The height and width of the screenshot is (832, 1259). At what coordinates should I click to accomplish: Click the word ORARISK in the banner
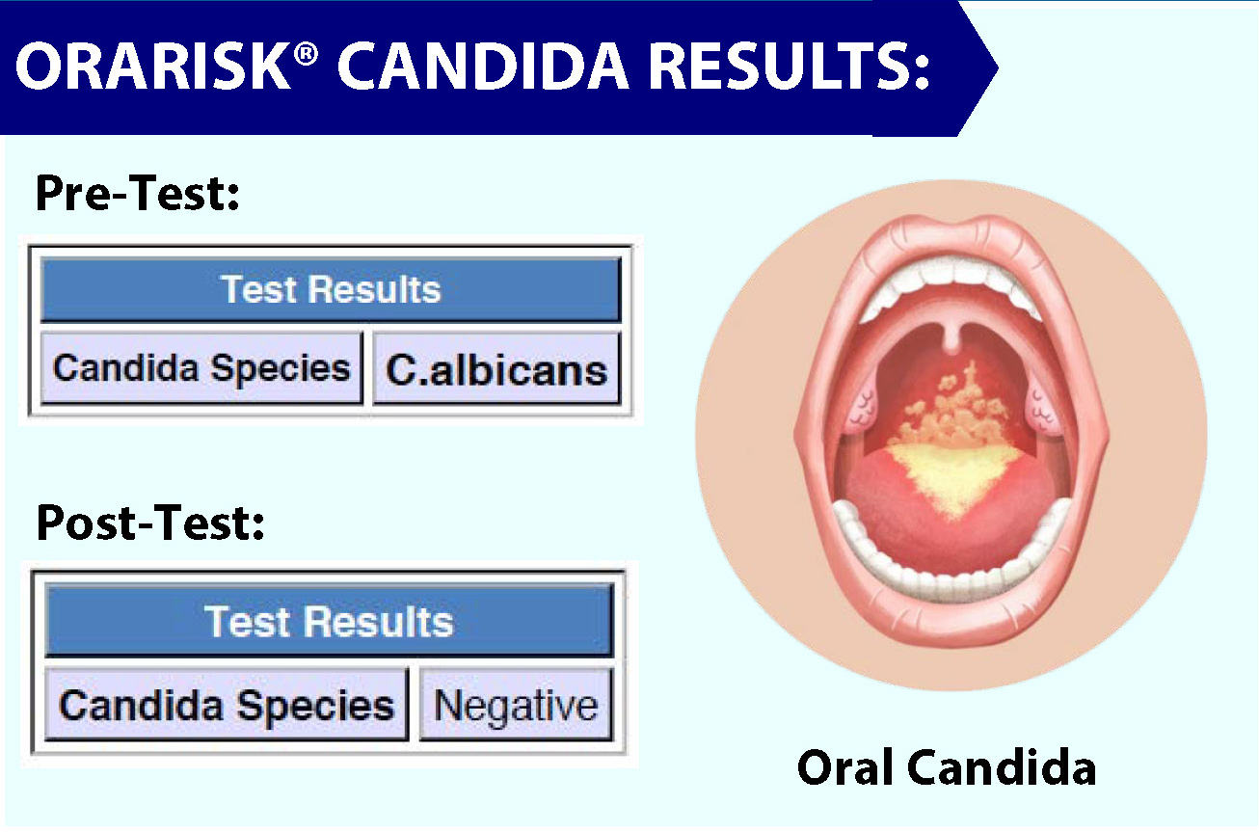coord(153,66)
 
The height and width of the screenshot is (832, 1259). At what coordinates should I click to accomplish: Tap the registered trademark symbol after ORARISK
coord(306,55)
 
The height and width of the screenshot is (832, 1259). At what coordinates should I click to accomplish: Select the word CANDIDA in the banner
coord(483,66)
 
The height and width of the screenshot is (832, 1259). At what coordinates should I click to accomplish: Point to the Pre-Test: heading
coord(137,193)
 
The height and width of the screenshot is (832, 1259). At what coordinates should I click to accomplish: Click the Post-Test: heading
coord(150,523)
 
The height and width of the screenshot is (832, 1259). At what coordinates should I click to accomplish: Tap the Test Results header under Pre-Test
coord(331,289)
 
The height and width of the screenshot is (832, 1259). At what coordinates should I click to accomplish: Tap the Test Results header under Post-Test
coord(330,621)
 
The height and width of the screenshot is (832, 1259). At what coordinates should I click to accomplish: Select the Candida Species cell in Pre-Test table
coord(201,368)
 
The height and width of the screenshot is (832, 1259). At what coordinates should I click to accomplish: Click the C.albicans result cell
coord(496,369)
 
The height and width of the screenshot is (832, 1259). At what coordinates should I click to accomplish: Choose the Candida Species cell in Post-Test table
coord(227,705)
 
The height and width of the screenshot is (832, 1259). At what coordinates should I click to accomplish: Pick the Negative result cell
coord(516,705)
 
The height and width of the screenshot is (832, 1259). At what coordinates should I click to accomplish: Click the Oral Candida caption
coord(947,766)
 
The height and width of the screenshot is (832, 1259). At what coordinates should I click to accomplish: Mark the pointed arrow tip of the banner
coord(997,68)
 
